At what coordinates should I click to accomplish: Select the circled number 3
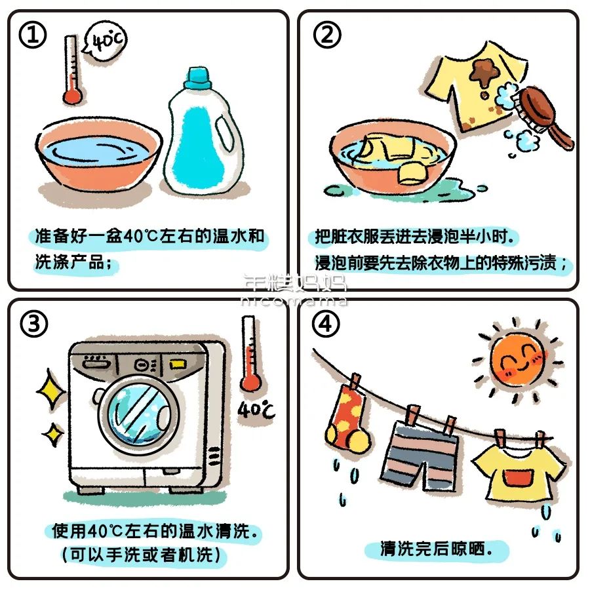tap(32, 326)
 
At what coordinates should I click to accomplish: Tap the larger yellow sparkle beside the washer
tap(52, 392)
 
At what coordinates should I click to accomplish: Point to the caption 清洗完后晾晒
tap(435, 548)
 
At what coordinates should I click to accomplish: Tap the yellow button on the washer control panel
tap(176, 363)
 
